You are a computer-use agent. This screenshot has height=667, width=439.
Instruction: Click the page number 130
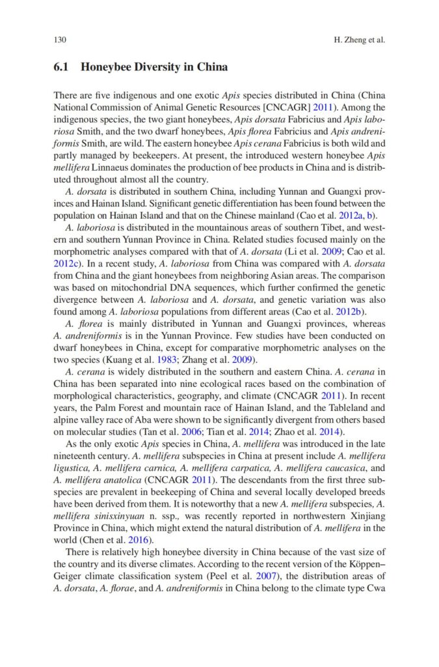(60, 40)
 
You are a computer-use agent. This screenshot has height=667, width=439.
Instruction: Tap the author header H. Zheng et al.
(359, 40)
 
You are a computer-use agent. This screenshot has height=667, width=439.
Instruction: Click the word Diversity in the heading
(164, 68)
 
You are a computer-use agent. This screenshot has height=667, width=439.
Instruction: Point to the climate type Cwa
(375, 588)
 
